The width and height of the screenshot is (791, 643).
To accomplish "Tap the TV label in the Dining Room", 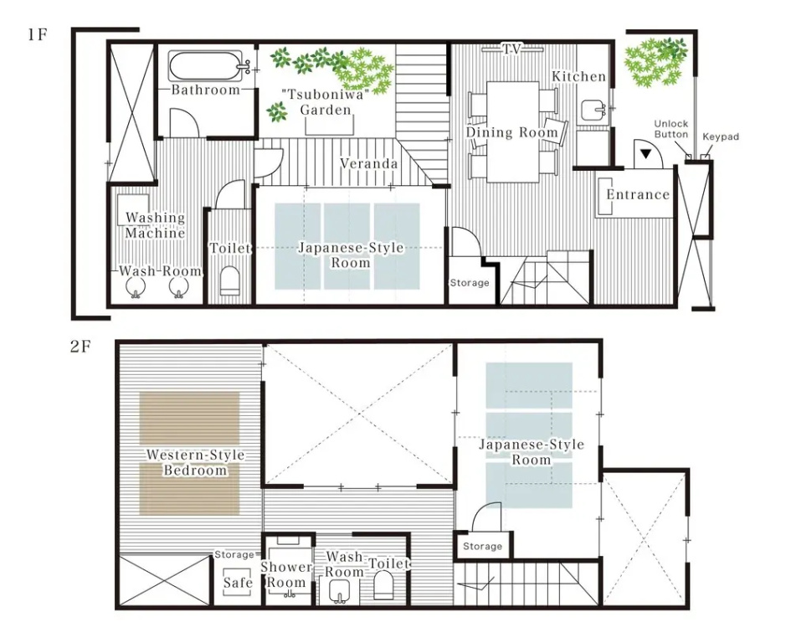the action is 511,49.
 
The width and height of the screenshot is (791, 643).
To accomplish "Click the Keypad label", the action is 721,136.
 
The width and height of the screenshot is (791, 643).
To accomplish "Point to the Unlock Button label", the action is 671,129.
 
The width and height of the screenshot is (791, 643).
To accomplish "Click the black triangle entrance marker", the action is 645,154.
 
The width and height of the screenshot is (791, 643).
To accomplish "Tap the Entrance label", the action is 638,194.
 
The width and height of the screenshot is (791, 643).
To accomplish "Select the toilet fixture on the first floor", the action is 229,280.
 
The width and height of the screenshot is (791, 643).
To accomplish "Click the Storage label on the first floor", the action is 469,283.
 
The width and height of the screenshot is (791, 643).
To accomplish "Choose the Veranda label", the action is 368,163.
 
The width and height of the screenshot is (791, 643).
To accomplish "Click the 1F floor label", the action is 38,35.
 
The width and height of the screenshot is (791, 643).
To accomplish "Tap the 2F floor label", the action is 80,347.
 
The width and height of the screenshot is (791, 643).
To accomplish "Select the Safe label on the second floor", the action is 238,583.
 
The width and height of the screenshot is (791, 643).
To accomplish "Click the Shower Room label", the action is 286,574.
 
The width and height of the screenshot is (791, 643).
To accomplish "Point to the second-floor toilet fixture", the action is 383,585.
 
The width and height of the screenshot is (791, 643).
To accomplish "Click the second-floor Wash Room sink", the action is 339,590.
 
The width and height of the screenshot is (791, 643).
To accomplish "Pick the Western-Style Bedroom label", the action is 195,462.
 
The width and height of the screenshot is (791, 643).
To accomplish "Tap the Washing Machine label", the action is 155,225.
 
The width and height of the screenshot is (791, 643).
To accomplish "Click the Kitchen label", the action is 578,77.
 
